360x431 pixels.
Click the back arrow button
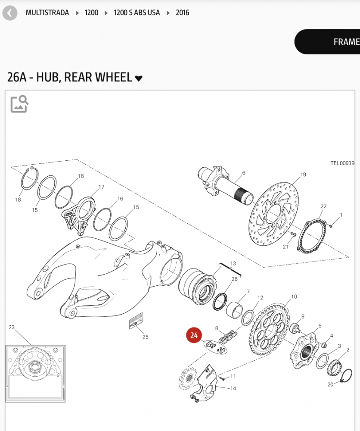point(9,13)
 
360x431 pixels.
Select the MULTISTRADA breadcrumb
point(47,12)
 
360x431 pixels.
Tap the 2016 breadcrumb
point(182,12)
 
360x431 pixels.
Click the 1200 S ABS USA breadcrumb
point(137,12)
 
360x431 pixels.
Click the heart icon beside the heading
point(139,78)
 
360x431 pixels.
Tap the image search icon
point(19,104)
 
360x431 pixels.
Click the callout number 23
point(12,328)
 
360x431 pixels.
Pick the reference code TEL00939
point(342,163)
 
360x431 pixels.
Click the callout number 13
point(233,263)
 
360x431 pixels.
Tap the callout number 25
point(145,337)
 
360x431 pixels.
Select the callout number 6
point(243,173)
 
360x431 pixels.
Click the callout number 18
point(18,200)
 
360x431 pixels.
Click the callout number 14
point(233,388)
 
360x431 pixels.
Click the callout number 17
point(101,187)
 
